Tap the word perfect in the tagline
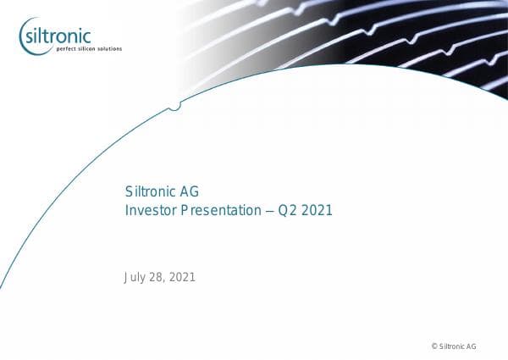(66, 49)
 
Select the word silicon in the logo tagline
(87, 49)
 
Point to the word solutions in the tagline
(110, 49)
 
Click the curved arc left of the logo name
(22, 36)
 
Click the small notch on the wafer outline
(174, 106)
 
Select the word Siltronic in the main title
(149, 191)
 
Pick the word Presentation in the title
(219, 209)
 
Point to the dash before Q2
(269, 209)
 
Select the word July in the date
(135, 277)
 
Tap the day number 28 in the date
(157, 277)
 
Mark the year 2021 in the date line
(182, 277)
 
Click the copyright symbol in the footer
(434, 346)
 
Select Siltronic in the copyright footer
(452, 346)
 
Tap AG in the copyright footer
(472, 346)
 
